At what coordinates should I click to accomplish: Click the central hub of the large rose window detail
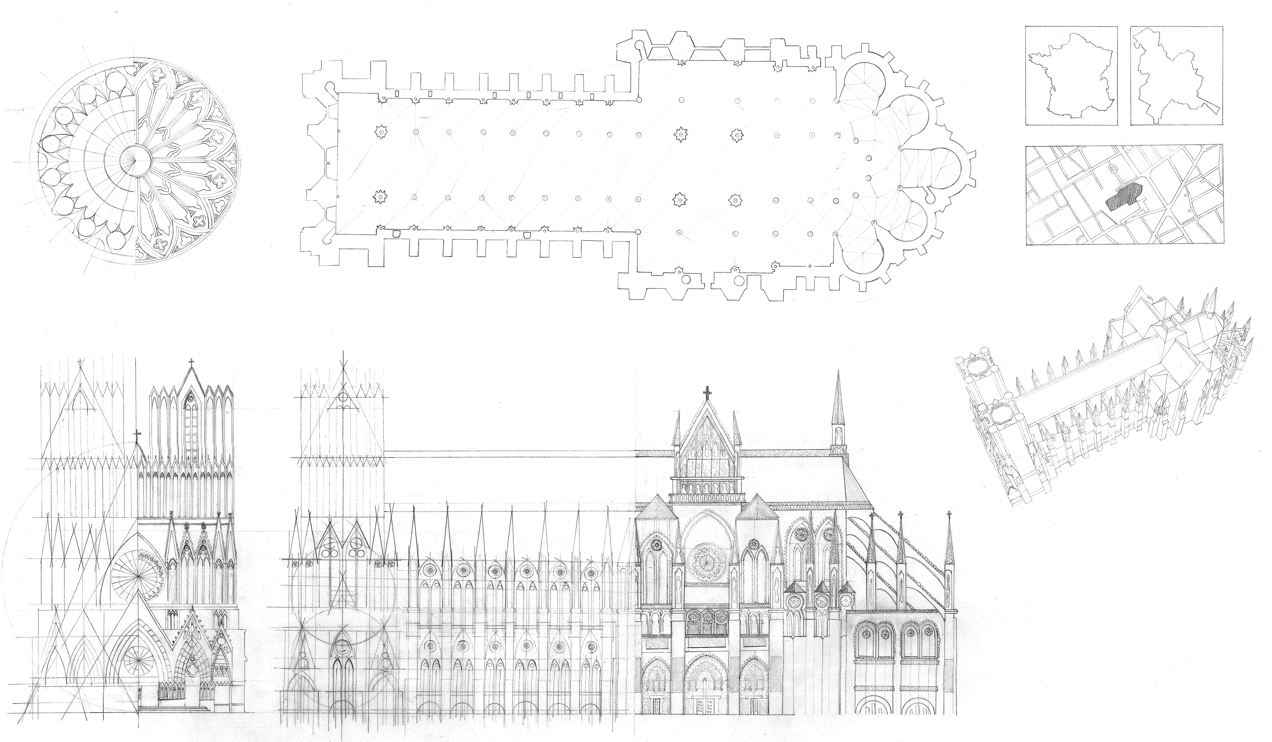point(135,160)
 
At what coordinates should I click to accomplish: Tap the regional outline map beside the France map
point(1176,76)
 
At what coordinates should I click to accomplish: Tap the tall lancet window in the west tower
point(191,424)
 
